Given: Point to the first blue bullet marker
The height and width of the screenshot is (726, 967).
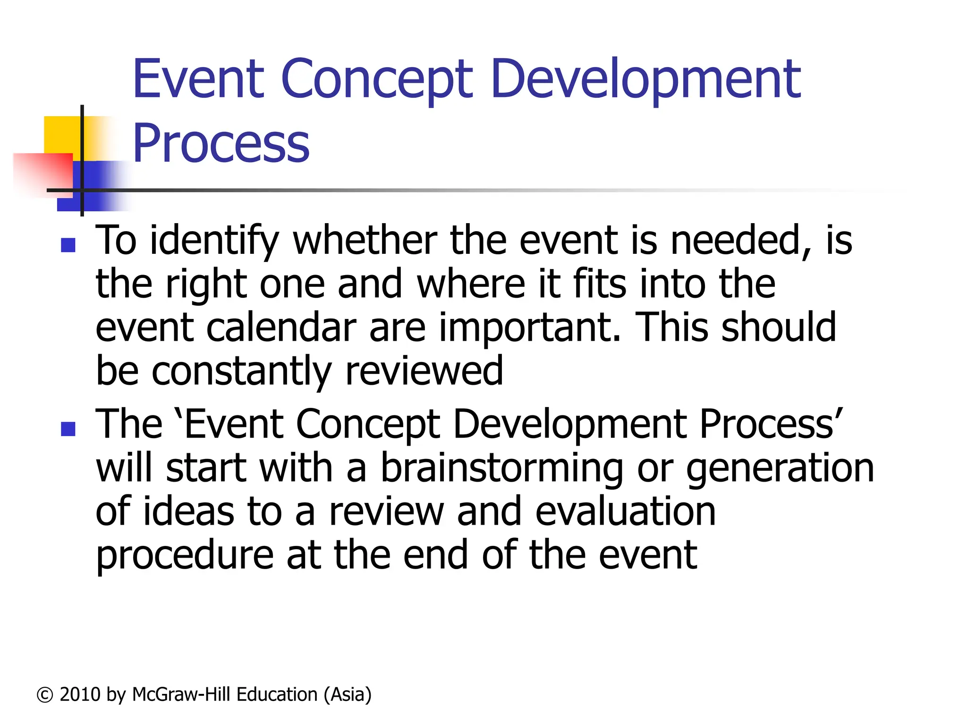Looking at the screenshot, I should (68, 245).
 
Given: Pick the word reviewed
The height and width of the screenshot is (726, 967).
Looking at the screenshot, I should (424, 371).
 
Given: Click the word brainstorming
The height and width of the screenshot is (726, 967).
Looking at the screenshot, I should (502, 468).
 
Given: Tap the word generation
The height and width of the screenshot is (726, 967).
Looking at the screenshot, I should (780, 468).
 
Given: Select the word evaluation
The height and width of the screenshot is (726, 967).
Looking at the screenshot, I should (626, 511).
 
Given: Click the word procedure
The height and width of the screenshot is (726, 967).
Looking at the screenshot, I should (185, 555).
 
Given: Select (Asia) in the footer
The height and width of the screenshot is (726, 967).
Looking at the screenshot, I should (348, 695).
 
